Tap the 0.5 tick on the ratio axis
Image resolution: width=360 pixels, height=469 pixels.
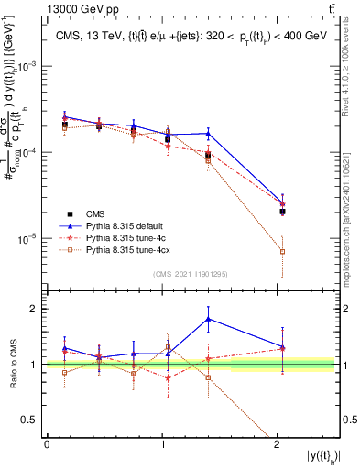pos(32,420)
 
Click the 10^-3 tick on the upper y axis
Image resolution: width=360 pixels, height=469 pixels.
pos(29,68)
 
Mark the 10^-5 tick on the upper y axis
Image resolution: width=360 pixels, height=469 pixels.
pos(29,239)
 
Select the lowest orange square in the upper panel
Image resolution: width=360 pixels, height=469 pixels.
pos(282,251)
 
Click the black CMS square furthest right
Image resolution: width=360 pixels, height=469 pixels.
pos(282,212)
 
